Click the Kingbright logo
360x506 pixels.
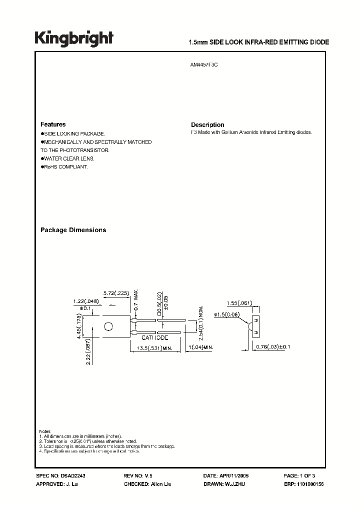pos(74,38)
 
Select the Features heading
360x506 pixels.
pos(52,124)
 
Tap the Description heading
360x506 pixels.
pos(207,125)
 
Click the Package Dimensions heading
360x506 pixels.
pos(73,230)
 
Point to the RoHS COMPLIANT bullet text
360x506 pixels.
pos(65,166)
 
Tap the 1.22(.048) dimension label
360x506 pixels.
pos(84,302)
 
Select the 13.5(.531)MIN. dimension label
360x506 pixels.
pos(155,347)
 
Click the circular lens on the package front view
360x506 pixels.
pos(108,327)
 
